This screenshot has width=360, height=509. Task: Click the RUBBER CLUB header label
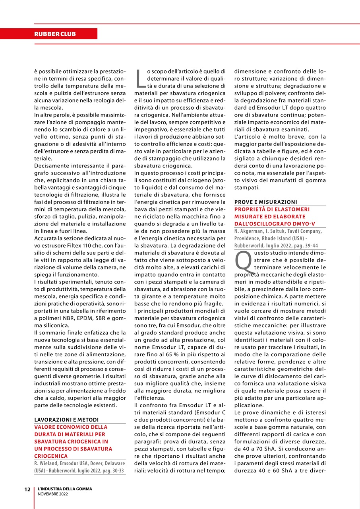tap(55, 34)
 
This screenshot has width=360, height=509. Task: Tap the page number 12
tap(27, 490)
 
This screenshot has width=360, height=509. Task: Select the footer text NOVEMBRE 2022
tap(53, 494)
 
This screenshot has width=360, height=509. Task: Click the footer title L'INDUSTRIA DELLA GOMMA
tap(64, 489)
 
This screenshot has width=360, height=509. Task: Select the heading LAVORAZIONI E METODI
tap(66, 420)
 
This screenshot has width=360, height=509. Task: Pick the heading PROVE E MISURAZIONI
tap(265, 202)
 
